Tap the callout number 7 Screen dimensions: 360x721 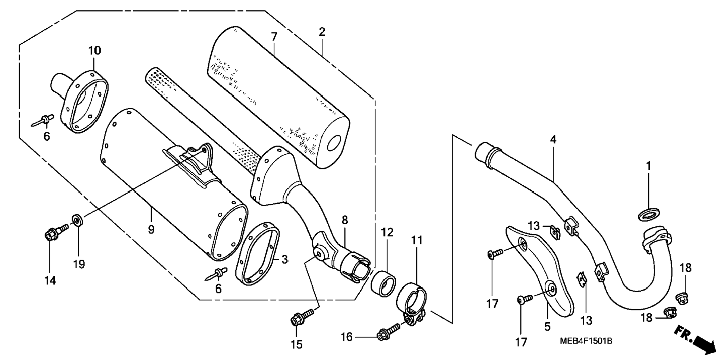tap(274, 37)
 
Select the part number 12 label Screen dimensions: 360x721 tap(387, 233)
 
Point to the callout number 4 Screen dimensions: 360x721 tap(553, 140)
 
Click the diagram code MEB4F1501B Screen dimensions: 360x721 tap(586, 341)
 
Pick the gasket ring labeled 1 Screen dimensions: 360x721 tap(649, 215)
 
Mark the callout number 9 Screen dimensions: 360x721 tap(151, 229)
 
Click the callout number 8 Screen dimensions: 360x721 tap(344, 220)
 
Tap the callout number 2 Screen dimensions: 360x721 tap(322, 32)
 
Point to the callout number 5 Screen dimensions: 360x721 tap(547, 327)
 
